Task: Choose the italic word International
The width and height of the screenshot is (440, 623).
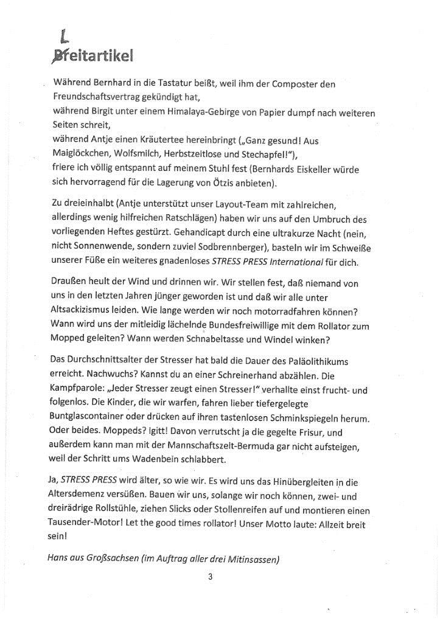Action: point(292,262)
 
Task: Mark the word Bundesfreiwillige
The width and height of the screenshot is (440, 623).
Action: point(278,325)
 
